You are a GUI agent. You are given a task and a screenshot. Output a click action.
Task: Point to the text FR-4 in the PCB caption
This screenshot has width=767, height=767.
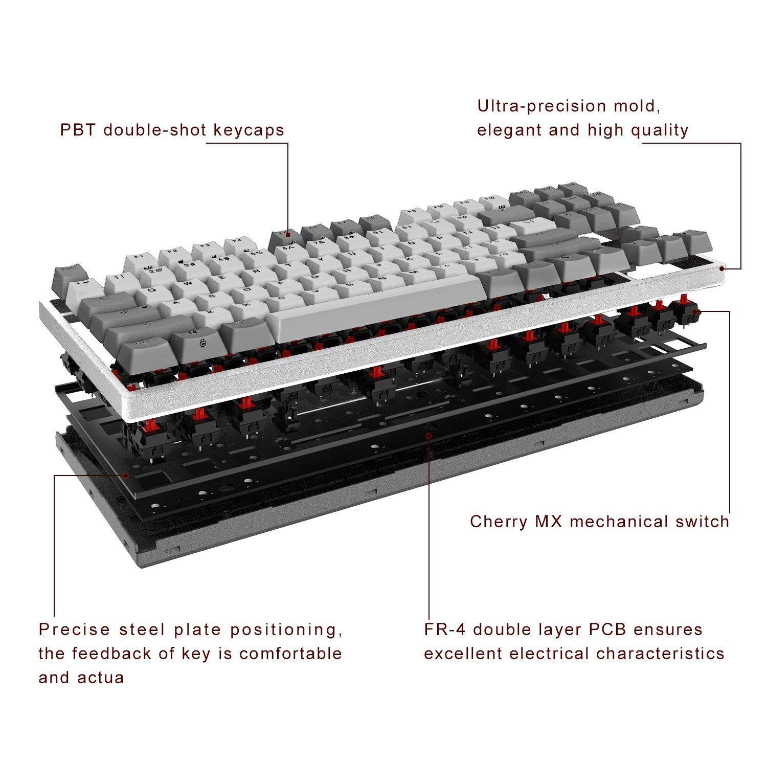pyautogui.click(x=443, y=629)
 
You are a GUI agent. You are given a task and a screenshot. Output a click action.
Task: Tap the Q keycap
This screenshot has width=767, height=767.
pyautogui.click(x=152, y=290)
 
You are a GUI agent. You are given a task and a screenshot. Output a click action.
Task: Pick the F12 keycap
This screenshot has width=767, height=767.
pyautogui.click(x=489, y=199)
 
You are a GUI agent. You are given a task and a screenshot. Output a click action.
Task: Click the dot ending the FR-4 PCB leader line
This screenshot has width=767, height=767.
pyautogui.click(x=428, y=435)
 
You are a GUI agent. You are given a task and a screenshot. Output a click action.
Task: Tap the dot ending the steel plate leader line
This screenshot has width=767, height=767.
pyautogui.click(x=124, y=475)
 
